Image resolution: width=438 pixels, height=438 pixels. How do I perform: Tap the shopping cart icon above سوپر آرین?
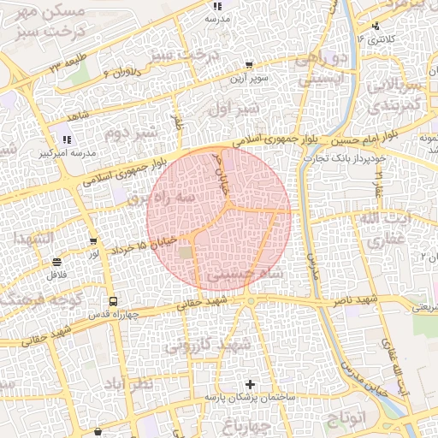point(248,64)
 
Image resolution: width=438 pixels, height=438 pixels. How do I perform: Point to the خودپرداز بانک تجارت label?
point(350,158)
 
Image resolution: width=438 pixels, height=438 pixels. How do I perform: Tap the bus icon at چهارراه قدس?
point(113,302)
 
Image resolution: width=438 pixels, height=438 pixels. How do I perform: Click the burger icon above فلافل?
point(56,262)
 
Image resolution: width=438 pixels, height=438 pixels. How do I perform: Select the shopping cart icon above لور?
point(93,242)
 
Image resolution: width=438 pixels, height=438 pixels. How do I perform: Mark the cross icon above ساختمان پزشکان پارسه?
point(250,385)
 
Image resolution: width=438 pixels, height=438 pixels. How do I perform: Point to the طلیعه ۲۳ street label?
point(66,65)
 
